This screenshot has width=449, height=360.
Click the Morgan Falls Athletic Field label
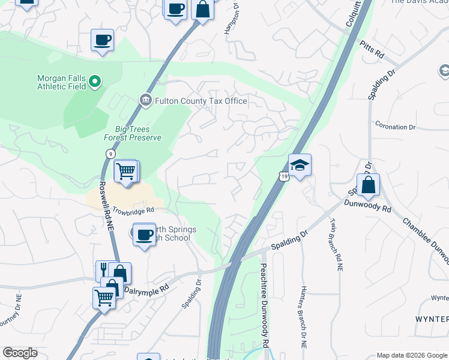click(61, 82)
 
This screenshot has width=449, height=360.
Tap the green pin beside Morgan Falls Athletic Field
click(95, 80)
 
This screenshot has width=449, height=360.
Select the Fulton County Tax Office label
click(201, 101)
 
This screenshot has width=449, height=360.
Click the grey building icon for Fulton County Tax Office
click(145, 100)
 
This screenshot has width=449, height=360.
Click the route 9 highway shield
click(110, 154)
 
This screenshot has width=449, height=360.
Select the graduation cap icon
click(300, 164)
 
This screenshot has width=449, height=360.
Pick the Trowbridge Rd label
click(133, 210)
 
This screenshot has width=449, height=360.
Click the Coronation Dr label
click(395, 127)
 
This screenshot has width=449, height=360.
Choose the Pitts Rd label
click(372, 49)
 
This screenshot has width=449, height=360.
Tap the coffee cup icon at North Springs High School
click(143, 234)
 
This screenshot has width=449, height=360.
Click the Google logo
click(20, 352)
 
